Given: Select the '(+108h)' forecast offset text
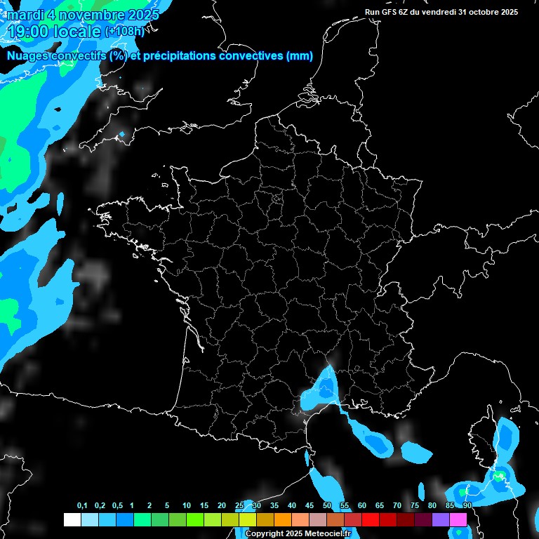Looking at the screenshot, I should tap(124, 32).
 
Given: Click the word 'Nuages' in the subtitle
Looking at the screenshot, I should tap(29, 56).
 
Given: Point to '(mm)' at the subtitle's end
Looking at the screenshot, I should tap(300, 56).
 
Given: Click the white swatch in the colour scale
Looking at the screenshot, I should tap(72, 519).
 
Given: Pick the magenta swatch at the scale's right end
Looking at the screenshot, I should tap(458, 519).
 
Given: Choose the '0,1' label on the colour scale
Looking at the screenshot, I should tap(82, 506).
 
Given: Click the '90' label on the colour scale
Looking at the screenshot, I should tap(467, 506).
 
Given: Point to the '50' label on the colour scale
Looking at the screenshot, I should tap(327, 506).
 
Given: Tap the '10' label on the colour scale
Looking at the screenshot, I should tap(187, 506).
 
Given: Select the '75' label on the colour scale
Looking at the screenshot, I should tap(415, 506).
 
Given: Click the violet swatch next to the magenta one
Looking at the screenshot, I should tap(441, 519).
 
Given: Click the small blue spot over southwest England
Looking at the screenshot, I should tap(122, 133).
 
